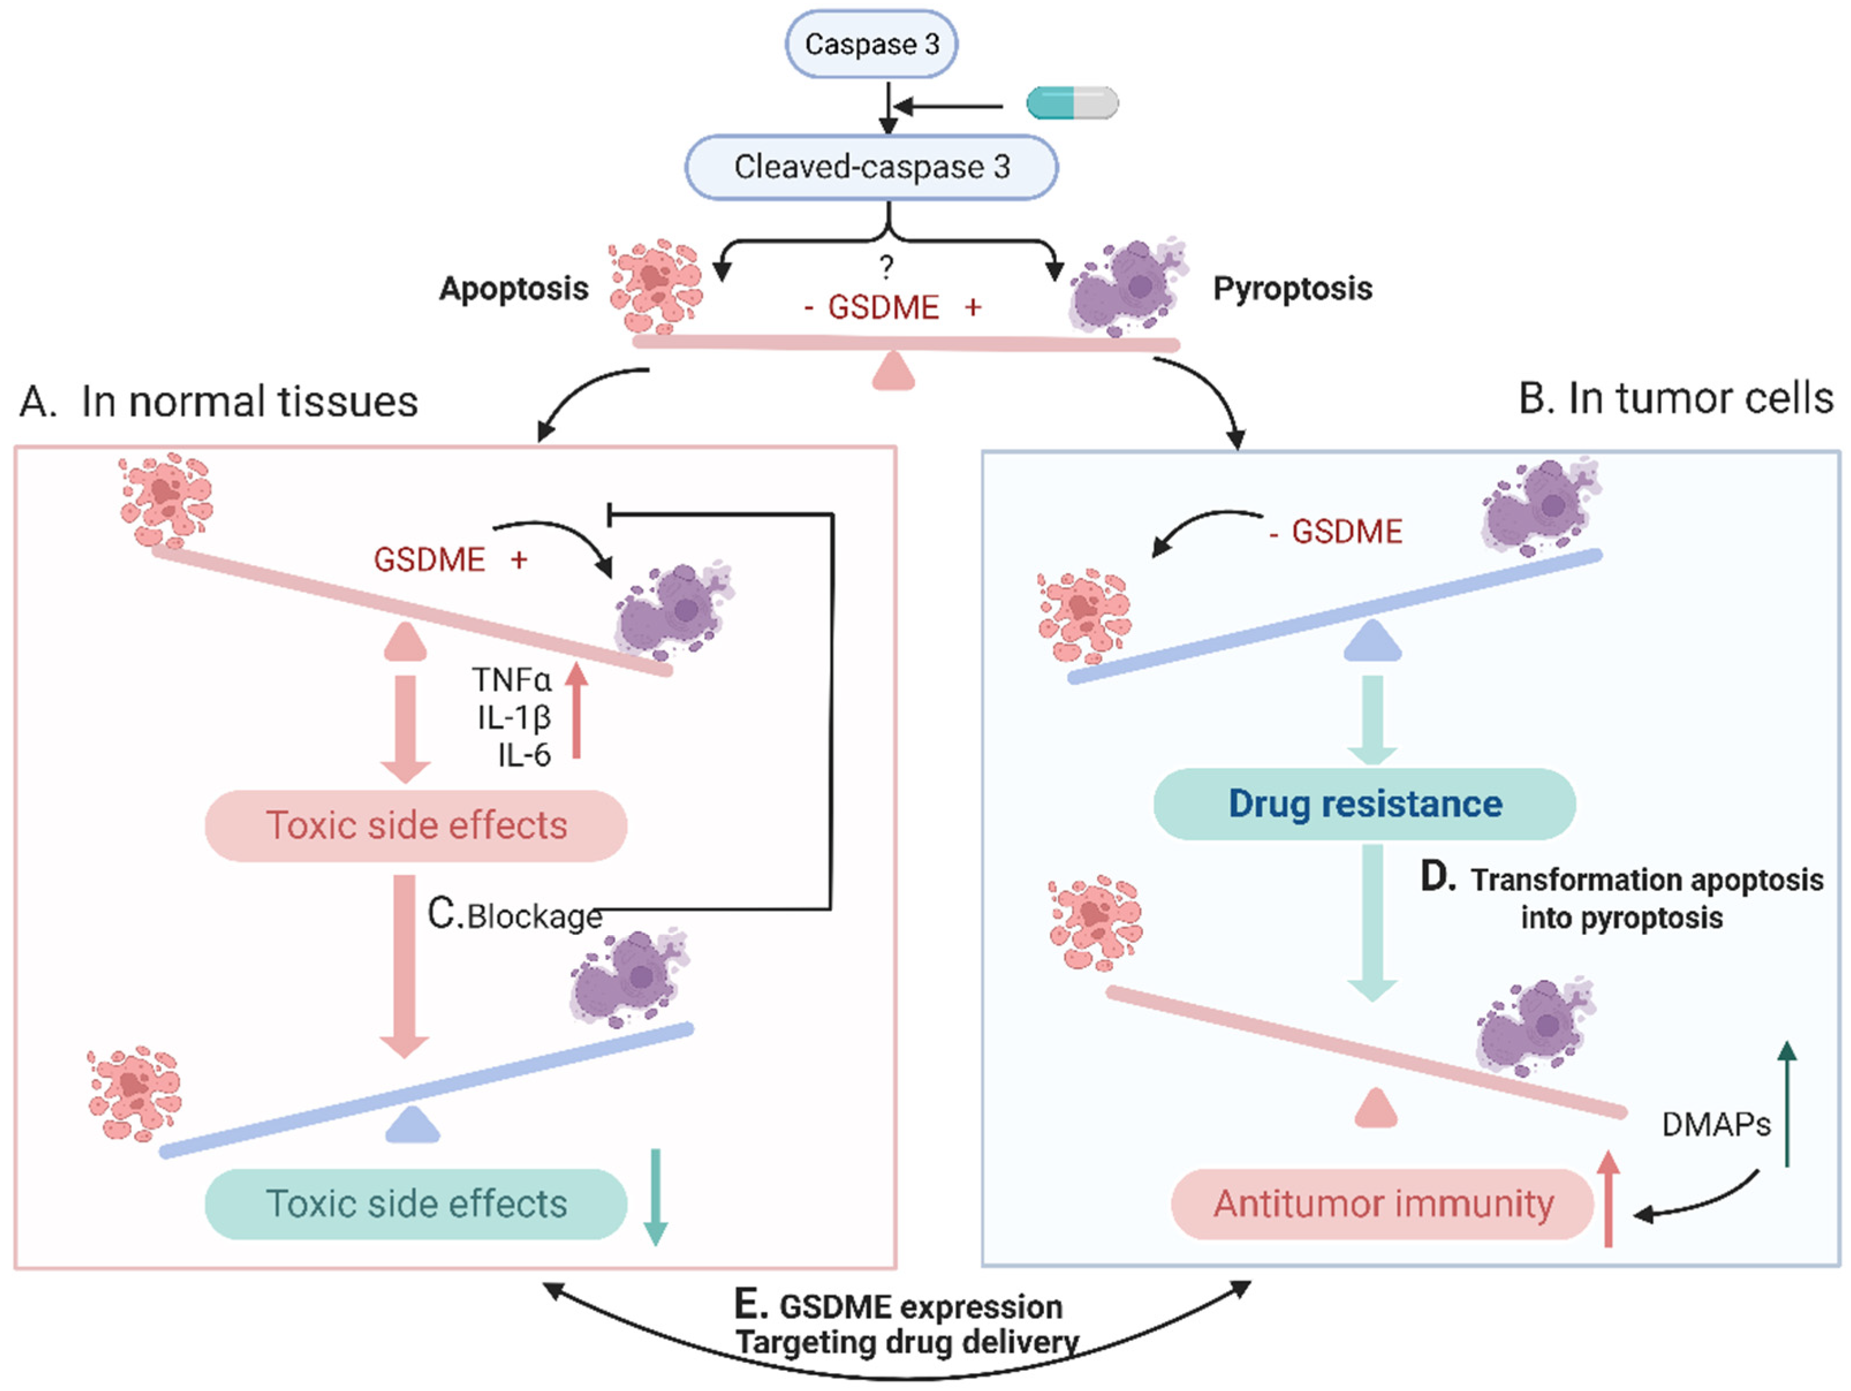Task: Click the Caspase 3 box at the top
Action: coord(871,44)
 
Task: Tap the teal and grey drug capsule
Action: coord(1072,103)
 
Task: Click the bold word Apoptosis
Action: coord(514,289)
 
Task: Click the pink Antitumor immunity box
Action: coord(1382,1204)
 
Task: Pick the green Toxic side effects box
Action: coord(416,1204)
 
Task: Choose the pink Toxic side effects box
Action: coord(416,825)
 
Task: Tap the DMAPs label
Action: coord(1716,1124)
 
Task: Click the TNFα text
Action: coord(511,680)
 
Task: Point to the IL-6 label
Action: coord(524,755)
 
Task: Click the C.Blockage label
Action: coord(515,915)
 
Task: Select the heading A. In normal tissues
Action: coord(218,401)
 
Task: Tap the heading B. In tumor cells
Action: coord(1675,399)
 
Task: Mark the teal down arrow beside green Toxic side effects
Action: coord(655,1197)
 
